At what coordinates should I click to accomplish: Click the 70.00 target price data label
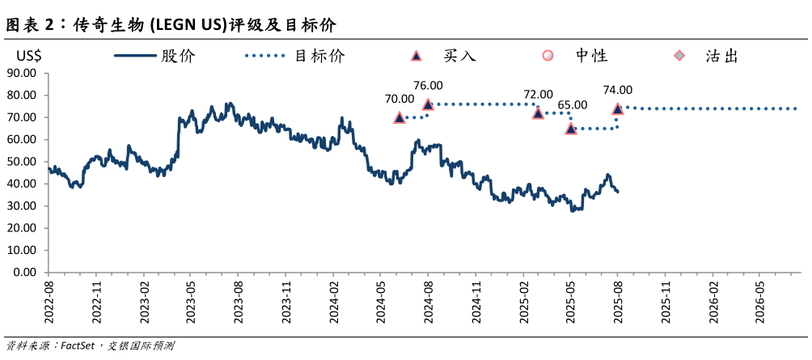(x=399, y=99)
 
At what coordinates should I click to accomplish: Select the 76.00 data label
(x=428, y=85)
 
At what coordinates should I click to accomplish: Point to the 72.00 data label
(x=538, y=95)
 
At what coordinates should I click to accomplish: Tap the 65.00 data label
(x=573, y=105)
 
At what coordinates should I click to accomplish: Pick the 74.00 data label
(x=618, y=91)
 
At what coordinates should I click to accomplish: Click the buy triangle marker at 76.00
(x=428, y=104)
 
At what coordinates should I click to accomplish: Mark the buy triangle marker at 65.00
(x=571, y=129)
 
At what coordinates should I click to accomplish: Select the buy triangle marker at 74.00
(x=618, y=108)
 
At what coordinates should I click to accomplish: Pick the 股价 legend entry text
(x=178, y=56)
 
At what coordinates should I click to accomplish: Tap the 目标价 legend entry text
(x=319, y=56)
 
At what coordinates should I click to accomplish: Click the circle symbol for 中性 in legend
(x=548, y=56)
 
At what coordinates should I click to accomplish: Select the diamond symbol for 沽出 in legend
(x=680, y=56)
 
